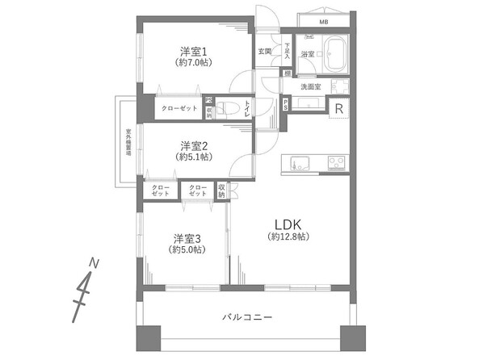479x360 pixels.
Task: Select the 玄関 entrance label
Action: tap(265, 52)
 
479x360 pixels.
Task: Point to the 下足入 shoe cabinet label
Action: tap(286, 51)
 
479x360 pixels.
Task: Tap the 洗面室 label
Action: tap(311, 86)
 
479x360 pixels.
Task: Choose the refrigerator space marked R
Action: tap(340, 108)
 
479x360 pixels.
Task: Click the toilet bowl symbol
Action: tap(230, 107)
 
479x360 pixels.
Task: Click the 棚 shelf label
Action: tap(288, 74)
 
